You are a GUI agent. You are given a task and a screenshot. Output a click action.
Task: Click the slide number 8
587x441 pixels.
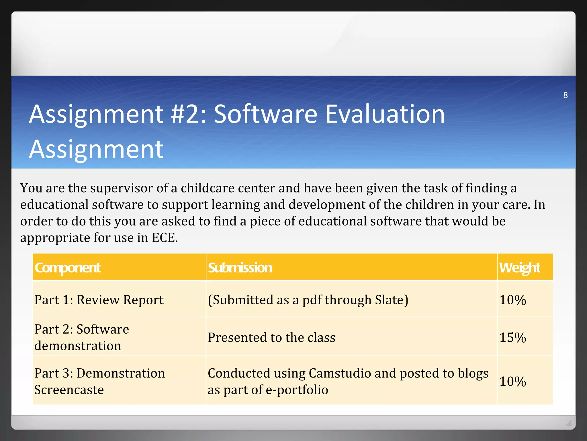[x=565, y=95]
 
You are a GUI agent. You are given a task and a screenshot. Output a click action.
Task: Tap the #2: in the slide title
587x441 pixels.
[x=188, y=114]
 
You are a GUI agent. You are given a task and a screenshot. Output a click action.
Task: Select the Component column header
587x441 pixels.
[x=67, y=268]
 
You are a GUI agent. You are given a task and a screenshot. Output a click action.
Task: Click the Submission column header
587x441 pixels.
[x=240, y=268]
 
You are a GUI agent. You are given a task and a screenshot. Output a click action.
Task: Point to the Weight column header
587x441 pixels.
[x=519, y=268]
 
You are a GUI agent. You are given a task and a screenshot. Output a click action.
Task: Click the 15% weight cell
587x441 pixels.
[x=512, y=337]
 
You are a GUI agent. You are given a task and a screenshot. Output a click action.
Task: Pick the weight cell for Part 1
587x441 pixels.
[x=512, y=300]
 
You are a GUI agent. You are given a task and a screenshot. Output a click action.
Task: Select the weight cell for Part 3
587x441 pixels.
[x=512, y=382]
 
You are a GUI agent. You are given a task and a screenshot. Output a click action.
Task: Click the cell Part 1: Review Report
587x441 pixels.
[x=99, y=300]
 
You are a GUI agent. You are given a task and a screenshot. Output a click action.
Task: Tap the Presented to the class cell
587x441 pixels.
[x=271, y=337]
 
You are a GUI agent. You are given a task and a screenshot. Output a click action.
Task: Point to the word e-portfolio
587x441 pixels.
[x=297, y=390]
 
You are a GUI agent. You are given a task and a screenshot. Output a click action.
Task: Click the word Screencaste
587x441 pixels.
[x=69, y=390]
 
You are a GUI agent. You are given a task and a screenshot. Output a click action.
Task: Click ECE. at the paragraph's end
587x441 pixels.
[x=165, y=238]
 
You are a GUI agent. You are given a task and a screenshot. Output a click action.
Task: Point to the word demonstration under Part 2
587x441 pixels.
[x=78, y=346]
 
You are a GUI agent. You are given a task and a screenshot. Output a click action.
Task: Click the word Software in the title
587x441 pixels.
[x=265, y=114]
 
